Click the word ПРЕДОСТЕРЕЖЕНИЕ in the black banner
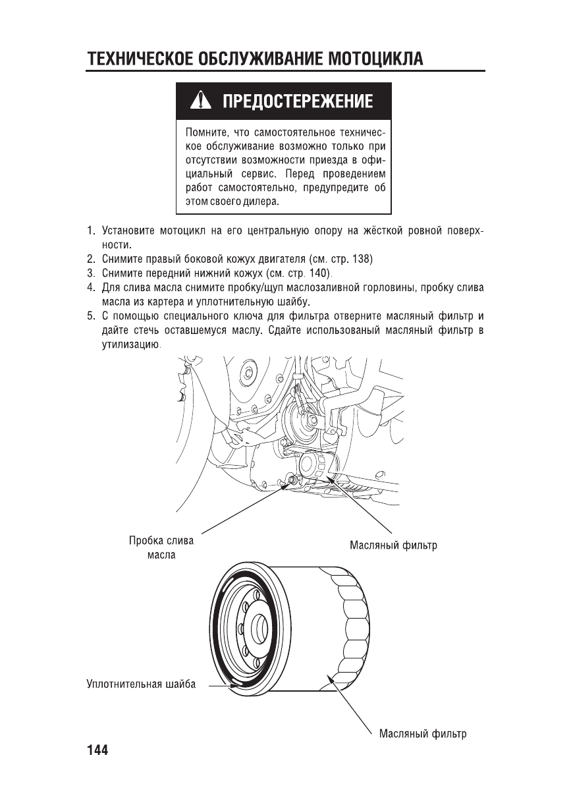pyautogui.click(x=298, y=101)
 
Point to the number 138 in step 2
pyautogui.click(x=361, y=259)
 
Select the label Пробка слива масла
pyautogui.click(x=161, y=547)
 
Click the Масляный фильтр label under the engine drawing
pyautogui.click(x=393, y=545)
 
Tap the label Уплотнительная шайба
pyautogui.click(x=141, y=684)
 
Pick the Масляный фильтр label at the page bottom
pyautogui.click(x=423, y=734)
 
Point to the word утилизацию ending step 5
pyautogui.click(x=128, y=345)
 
